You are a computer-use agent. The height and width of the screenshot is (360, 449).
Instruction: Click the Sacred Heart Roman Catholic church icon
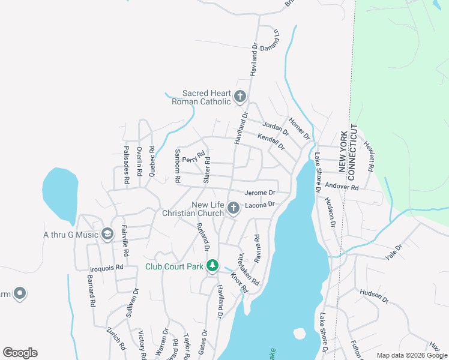coord(240,95)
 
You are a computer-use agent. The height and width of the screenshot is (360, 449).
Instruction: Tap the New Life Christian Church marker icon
coord(233,208)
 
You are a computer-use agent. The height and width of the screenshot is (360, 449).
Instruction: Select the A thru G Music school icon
coord(107,234)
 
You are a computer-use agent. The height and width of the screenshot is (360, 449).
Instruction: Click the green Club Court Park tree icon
coord(212,265)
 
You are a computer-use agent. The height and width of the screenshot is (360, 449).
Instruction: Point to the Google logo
coord(20,352)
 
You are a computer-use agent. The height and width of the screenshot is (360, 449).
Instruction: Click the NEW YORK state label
coord(343,152)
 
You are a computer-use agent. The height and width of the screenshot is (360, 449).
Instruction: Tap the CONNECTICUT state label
coord(353,150)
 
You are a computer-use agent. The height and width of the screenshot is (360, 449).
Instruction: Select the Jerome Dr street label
coord(260,193)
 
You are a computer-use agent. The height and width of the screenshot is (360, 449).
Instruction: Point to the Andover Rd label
coord(341,187)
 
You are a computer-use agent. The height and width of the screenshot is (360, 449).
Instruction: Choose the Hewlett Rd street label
coord(372,158)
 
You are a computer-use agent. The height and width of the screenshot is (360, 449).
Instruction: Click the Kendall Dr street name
coord(270,141)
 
